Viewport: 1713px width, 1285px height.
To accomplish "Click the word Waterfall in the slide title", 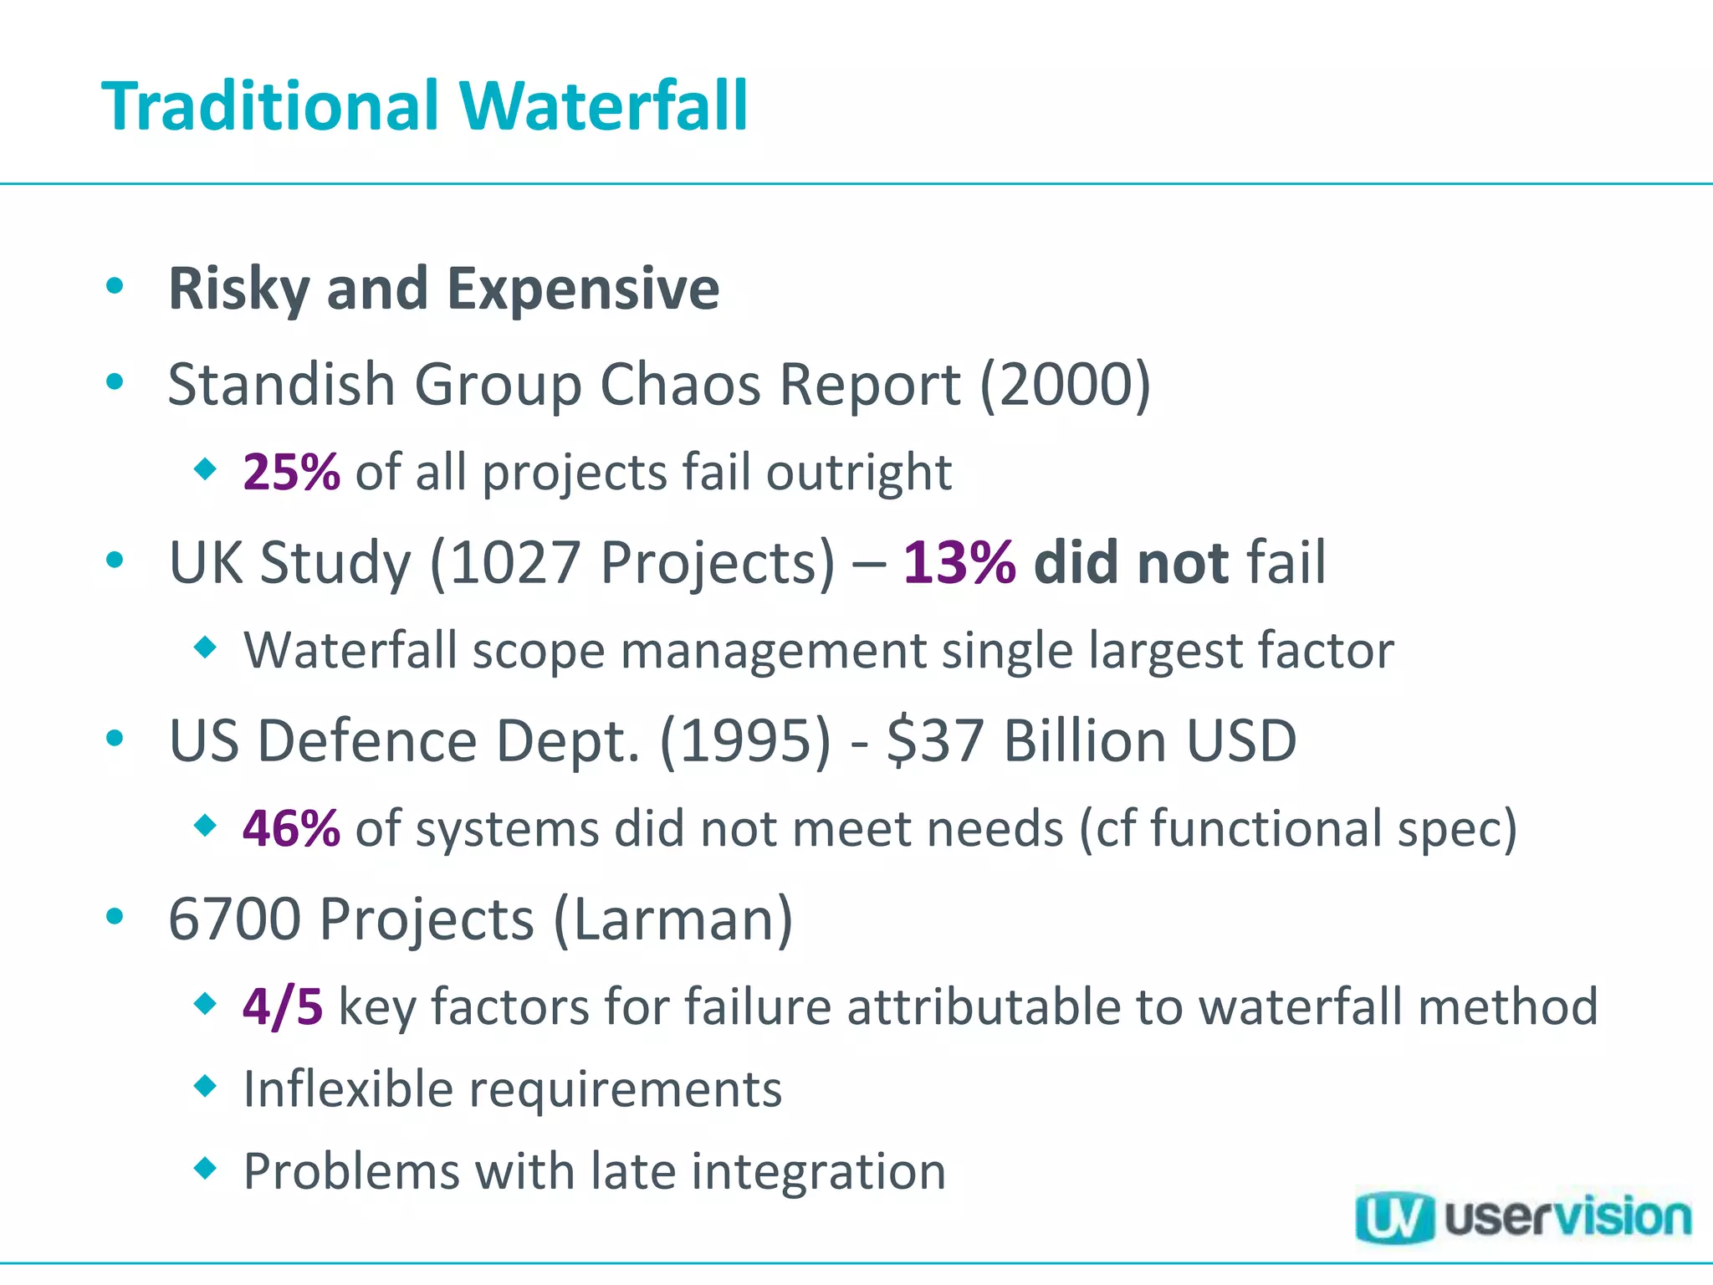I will pos(603,106).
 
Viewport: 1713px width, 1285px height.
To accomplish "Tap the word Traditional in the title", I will pos(270,106).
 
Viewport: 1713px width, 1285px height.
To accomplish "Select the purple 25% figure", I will pos(291,472).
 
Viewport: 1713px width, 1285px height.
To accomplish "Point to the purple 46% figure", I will pos(291,828).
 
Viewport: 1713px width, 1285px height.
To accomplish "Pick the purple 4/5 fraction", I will pos(282,1006).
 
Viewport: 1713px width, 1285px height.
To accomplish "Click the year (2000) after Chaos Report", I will pos(1065,384).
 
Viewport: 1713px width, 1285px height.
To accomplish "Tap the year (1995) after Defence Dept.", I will pos(745,741).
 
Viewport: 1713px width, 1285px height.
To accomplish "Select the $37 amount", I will pos(935,741).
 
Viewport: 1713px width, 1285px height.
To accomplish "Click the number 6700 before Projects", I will pos(234,919).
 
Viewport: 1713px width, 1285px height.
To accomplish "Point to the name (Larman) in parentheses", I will pos(672,919).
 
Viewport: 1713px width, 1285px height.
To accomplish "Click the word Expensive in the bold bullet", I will pos(583,289).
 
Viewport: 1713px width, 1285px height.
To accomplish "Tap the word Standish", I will pos(281,384).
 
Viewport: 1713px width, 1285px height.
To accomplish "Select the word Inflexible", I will pos(348,1089).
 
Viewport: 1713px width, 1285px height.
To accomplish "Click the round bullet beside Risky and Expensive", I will pos(115,286).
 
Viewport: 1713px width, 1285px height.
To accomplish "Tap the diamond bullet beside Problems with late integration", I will pos(205,1167).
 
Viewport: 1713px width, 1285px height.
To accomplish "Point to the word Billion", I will pos(1085,741).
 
